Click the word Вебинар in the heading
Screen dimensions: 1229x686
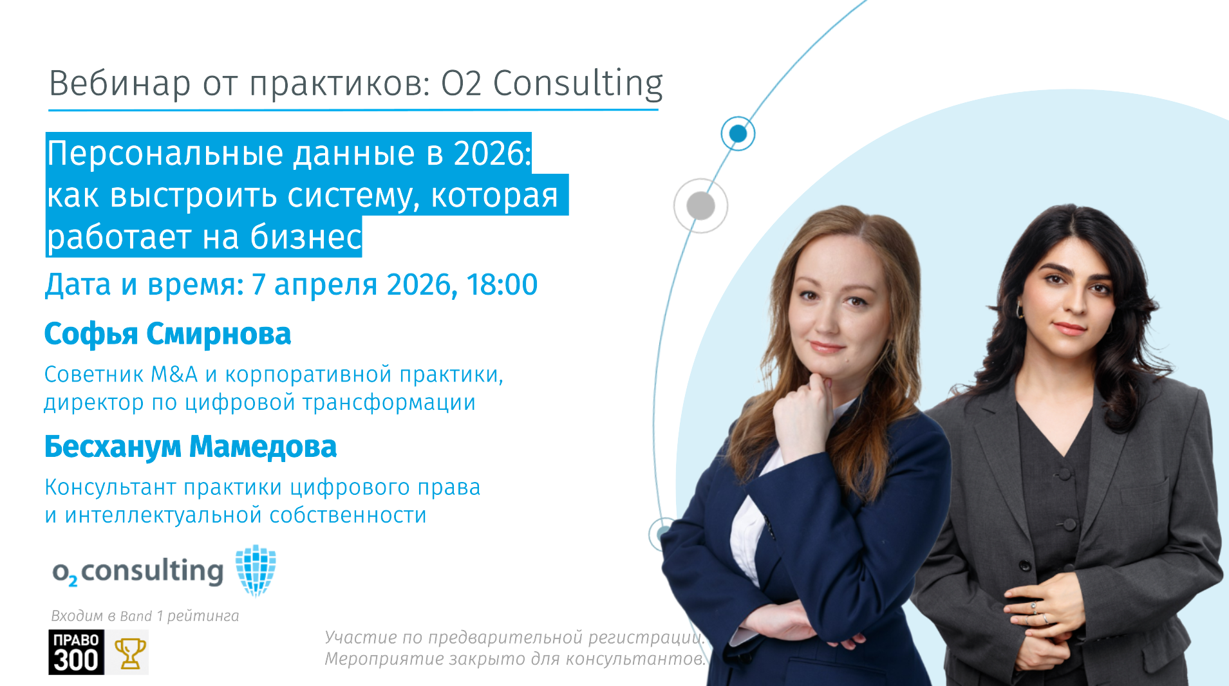(x=120, y=83)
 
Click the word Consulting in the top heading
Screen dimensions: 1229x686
(x=577, y=84)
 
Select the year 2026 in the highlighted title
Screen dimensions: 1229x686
(x=491, y=153)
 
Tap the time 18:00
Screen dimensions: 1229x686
(x=502, y=284)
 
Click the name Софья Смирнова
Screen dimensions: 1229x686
(x=167, y=334)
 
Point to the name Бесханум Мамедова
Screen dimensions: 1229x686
(x=191, y=447)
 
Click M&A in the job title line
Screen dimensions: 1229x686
(x=174, y=374)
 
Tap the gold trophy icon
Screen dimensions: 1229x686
(x=129, y=653)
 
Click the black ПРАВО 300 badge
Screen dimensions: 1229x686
(x=76, y=652)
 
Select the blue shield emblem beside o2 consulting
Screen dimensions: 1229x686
(x=256, y=570)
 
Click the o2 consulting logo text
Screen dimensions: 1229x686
(x=138, y=571)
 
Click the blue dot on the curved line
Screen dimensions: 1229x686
(x=738, y=134)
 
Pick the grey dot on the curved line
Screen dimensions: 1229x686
(x=701, y=206)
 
